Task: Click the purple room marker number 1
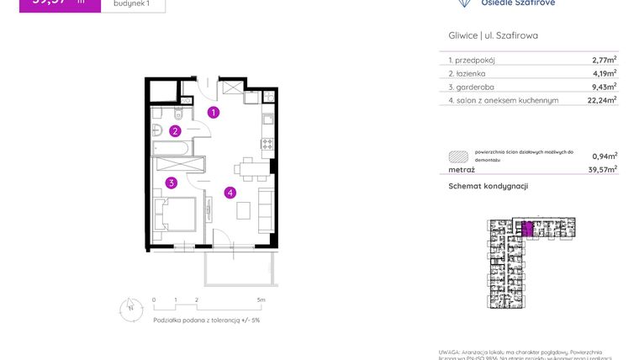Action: click(x=214, y=113)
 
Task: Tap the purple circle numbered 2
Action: click(x=175, y=130)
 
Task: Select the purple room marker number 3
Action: click(x=171, y=182)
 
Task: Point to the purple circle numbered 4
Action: click(x=230, y=192)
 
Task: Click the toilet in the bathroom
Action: click(x=158, y=129)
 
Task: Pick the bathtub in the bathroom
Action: click(x=172, y=148)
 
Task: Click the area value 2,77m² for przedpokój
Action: click(x=603, y=60)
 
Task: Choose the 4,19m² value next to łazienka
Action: click(x=603, y=73)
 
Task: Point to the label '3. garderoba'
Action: click(x=473, y=87)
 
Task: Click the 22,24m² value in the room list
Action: click(x=601, y=99)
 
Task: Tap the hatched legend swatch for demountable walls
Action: click(x=458, y=156)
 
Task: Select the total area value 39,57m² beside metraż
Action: click(x=601, y=169)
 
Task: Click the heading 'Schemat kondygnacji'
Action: click(x=488, y=186)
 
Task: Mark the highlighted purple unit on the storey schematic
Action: click(x=527, y=229)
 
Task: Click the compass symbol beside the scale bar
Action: click(x=129, y=309)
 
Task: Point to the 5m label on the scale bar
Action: click(x=261, y=299)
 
